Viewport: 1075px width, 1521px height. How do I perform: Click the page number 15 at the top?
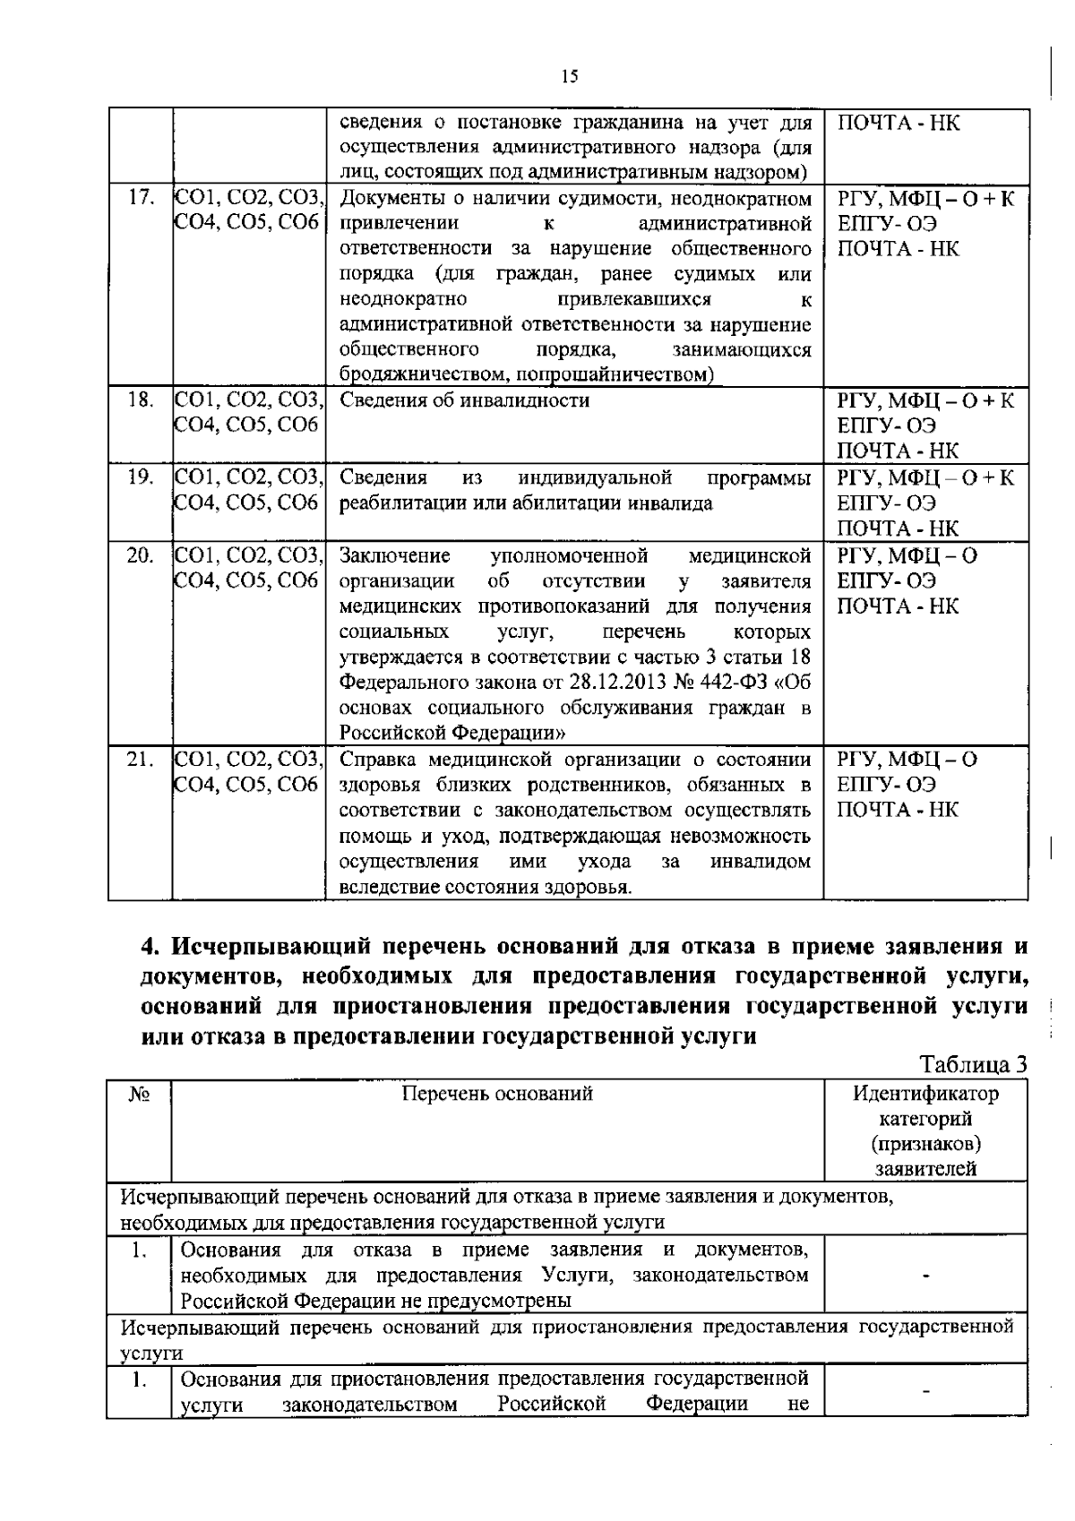570,76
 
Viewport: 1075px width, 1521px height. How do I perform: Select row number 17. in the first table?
140,198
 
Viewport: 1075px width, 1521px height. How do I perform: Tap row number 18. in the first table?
140,400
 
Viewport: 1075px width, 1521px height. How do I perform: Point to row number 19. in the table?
140,477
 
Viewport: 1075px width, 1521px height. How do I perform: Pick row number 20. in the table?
140,555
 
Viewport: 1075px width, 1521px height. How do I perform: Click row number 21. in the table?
140,760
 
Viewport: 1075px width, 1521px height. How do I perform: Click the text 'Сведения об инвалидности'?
464,400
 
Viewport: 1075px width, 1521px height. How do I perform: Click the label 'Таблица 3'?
972,1065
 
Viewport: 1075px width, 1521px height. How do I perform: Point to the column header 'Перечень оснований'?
497,1093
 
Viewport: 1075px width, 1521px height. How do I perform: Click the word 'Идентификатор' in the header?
925,1093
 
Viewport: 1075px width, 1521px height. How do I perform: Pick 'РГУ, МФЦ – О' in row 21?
907,760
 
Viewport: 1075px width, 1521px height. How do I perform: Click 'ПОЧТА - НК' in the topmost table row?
898,122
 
